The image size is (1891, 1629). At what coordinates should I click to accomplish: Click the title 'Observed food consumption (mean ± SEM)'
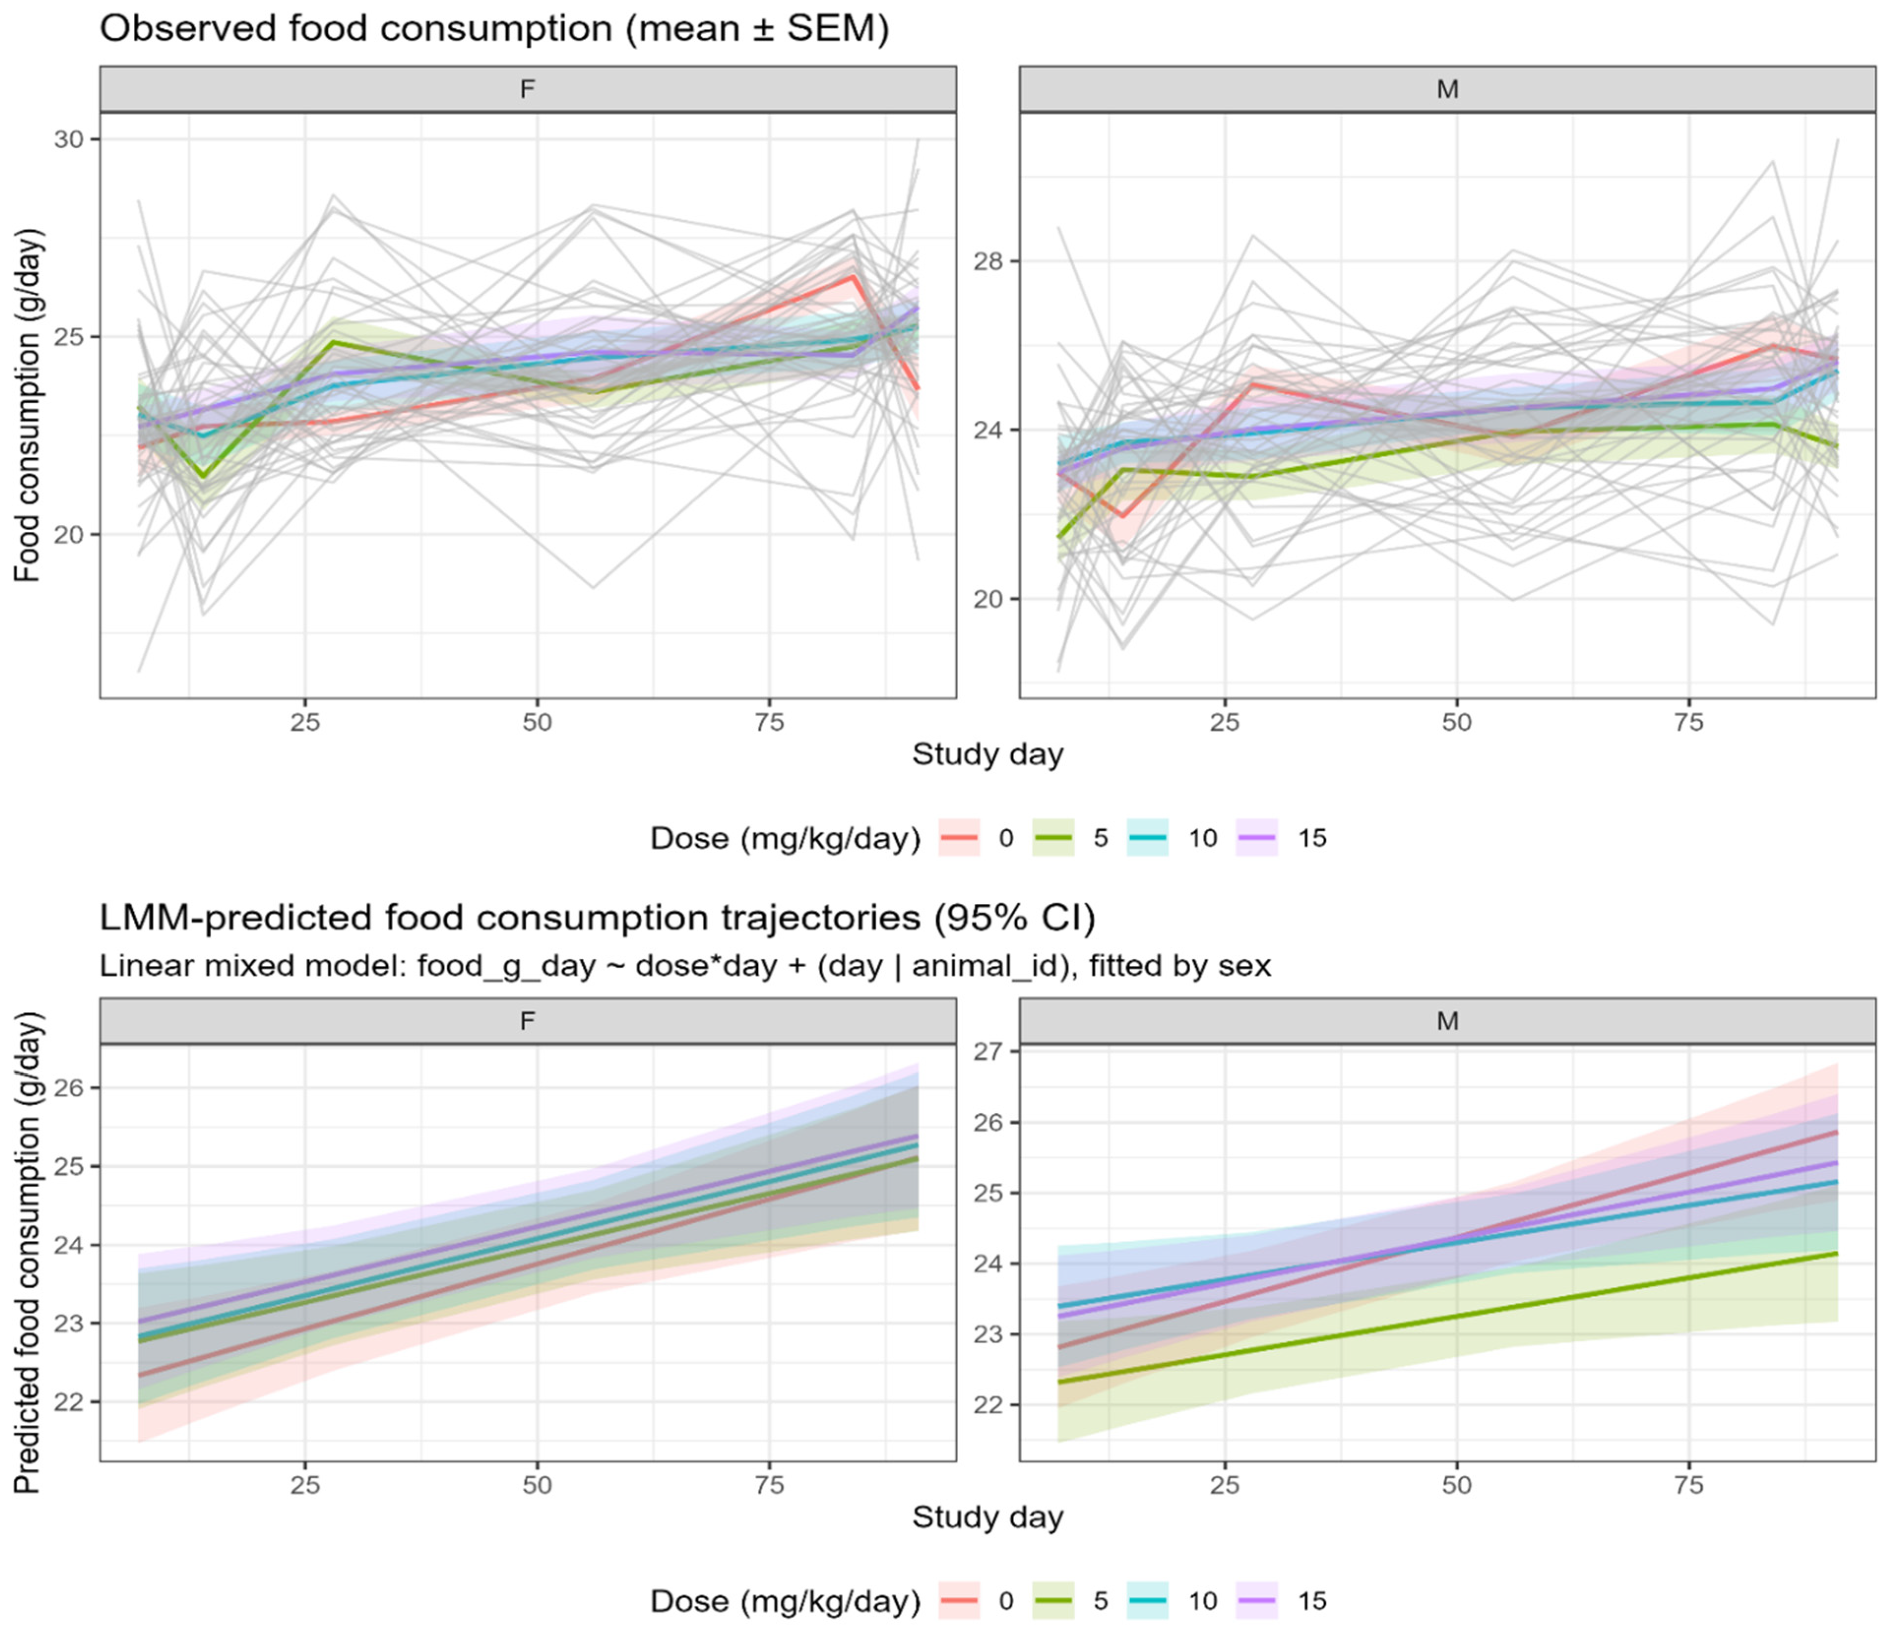click(494, 29)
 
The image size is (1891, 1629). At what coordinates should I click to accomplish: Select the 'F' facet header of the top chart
click(527, 90)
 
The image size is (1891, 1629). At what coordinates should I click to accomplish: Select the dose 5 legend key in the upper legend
click(1053, 838)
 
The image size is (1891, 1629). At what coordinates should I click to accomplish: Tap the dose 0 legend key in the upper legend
click(958, 838)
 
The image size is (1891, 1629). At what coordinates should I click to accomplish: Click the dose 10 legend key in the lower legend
click(1147, 1600)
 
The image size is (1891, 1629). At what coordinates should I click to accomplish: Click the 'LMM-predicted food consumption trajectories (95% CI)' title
click(597, 917)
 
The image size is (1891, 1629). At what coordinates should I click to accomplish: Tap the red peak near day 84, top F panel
click(852, 277)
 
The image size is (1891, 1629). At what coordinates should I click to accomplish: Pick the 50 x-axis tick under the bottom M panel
click(1457, 1485)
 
